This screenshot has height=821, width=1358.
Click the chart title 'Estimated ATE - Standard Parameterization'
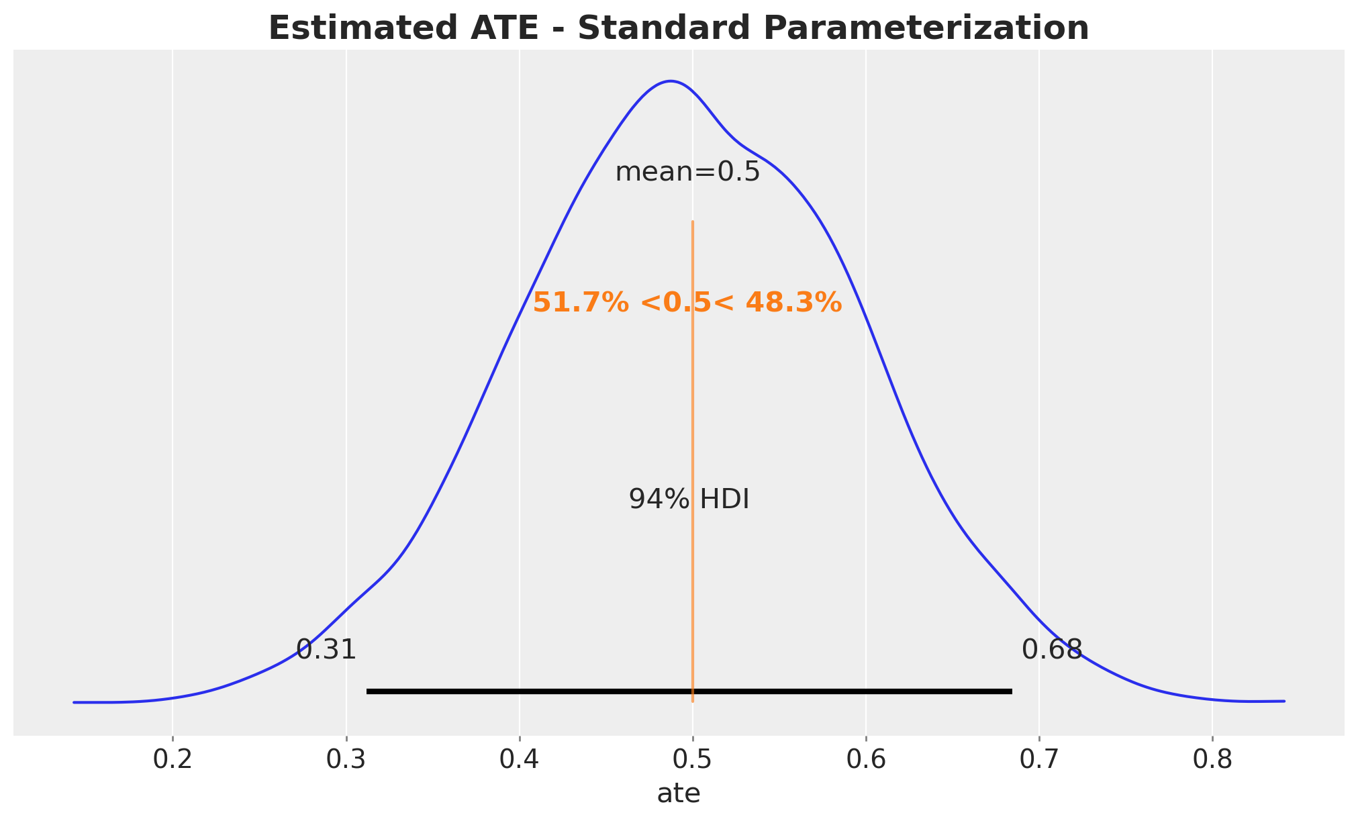point(679,28)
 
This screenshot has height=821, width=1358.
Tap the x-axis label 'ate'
point(679,794)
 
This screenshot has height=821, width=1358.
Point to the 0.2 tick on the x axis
point(173,759)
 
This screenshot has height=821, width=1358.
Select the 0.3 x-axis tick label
point(346,759)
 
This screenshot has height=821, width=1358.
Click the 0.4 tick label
point(519,759)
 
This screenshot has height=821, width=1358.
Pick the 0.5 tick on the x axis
point(692,759)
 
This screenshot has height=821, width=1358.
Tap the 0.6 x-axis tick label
point(865,759)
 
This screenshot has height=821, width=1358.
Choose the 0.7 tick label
point(1038,759)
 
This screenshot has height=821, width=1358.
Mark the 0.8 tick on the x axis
point(1212,759)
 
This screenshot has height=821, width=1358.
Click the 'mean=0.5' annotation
point(687,173)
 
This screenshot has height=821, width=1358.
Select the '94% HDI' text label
point(689,500)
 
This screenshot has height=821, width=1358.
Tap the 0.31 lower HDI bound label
point(326,650)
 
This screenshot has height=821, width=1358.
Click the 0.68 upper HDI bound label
point(1052,650)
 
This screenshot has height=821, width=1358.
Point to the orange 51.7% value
point(581,303)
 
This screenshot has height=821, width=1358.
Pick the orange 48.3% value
point(793,303)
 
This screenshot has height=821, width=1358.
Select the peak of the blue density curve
point(671,81)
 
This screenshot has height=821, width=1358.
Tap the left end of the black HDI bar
point(369,691)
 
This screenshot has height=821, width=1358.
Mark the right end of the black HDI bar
point(1010,691)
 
